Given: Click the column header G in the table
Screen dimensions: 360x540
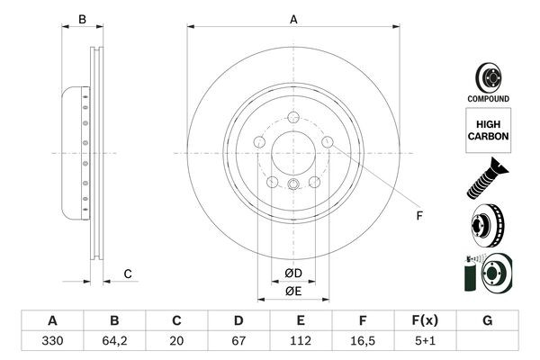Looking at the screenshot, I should pos(487,320).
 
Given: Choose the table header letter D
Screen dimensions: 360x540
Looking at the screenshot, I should pos(238,320).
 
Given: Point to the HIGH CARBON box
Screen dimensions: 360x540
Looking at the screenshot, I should pos(488,129).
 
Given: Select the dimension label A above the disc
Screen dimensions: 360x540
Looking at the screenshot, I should pos(293,19).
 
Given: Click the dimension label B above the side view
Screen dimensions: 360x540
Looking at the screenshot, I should pos(82,19).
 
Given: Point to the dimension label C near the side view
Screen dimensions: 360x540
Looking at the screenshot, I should pos(128,274).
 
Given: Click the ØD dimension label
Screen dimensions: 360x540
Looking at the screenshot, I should pos(293,274).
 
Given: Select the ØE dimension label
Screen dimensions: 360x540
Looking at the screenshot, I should pos(293,291).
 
